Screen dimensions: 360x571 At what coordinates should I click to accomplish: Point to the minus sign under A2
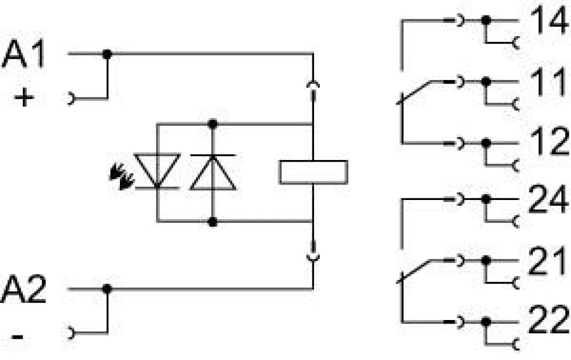pyautogui.click(x=18, y=337)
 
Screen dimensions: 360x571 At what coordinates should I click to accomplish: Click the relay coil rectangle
pyautogui.click(x=313, y=172)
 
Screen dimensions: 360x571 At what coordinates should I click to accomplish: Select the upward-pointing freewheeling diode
pyautogui.click(x=213, y=172)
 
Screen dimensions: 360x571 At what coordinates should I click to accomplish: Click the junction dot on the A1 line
pyautogui.click(x=107, y=54)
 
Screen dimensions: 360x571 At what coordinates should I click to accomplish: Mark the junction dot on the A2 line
pyautogui.click(x=107, y=289)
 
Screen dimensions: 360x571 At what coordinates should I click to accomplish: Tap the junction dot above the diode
pyautogui.click(x=213, y=124)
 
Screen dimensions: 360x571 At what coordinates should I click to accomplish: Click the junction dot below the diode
pyautogui.click(x=213, y=221)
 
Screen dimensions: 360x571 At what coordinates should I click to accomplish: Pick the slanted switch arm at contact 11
pyautogui.click(x=416, y=92)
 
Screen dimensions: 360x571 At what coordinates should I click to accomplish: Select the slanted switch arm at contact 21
pyautogui.click(x=416, y=270)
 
